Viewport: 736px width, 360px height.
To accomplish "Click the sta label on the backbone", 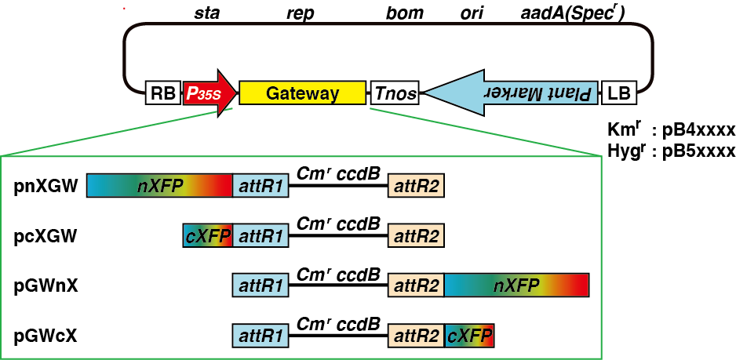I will click(x=206, y=13).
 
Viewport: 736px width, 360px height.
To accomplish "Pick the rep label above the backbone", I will click(x=301, y=13).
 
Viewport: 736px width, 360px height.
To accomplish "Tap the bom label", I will click(x=405, y=13).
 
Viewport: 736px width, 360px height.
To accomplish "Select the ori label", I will click(x=472, y=13).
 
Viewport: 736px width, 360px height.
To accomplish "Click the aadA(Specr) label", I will click(x=573, y=13).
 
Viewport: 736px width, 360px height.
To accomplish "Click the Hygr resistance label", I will click(x=625, y=151).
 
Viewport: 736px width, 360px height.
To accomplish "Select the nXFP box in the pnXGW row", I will click(x=159, y=186).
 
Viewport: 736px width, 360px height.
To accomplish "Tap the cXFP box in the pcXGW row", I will click(x=207, y=235).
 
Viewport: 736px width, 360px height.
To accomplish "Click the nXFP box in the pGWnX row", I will click(x=516, y=285).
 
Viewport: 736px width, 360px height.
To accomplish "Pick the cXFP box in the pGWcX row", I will click(x=470, y=336).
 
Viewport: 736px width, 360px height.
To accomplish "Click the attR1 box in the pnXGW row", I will click(x=261, y=186).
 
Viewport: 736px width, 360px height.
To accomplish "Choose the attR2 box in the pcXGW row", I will click(x=416, y=235).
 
